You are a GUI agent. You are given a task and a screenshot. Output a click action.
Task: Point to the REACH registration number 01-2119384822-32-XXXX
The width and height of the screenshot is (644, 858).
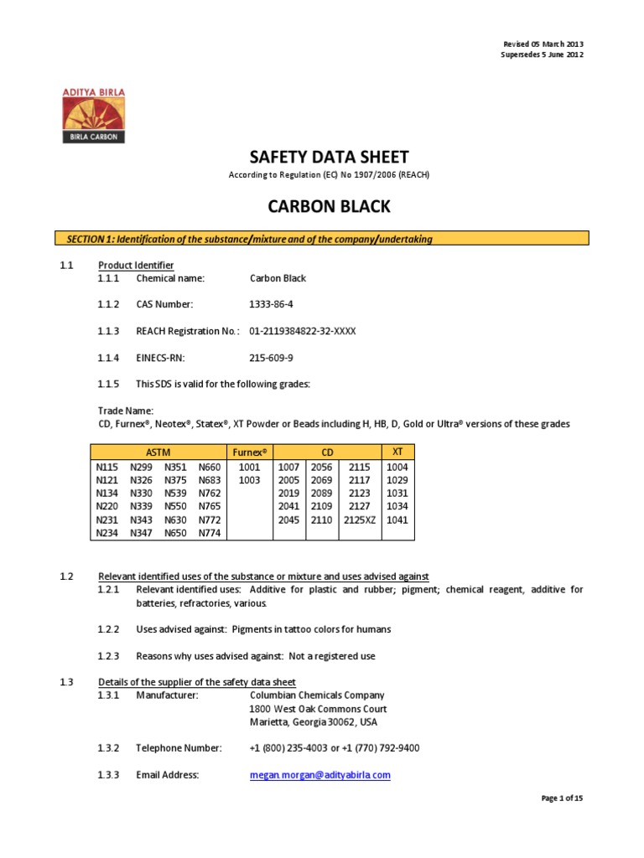(x=303, y=331)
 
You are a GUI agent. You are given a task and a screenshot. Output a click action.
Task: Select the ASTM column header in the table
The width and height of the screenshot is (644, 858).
(x=159, y=452)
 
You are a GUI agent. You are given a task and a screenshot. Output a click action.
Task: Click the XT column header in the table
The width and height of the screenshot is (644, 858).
(x=398, y=452)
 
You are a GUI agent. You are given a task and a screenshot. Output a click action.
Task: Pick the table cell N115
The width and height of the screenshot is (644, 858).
(x=107, y=467)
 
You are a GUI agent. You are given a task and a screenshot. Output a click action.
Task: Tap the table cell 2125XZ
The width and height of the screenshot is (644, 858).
(x=360, y=519)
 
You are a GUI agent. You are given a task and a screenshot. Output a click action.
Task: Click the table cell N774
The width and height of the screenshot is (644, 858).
(x=210, y=533)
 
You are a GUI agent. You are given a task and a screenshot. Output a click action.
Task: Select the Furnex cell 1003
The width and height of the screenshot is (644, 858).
(x=249, y=480)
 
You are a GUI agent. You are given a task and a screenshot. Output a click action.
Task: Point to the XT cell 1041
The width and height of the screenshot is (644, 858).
(x=397, y=519)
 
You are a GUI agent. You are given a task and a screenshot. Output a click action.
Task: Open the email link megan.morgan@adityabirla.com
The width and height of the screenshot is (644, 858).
(x=320, y=775)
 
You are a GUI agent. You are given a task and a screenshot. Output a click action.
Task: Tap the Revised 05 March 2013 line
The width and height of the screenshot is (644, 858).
(x=543, y=44)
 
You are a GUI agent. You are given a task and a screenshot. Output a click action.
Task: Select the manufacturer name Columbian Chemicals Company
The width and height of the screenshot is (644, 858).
(x=317, y=695)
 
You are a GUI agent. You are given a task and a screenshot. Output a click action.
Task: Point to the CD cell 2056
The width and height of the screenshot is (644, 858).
(x=321, y=467)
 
